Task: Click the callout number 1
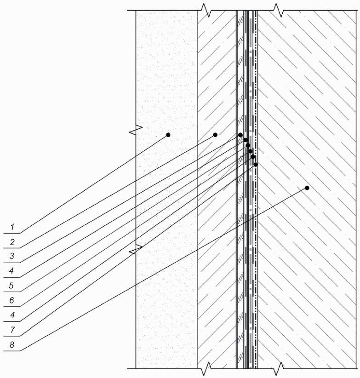tap(12, 227)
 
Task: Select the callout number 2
tap(12, 242)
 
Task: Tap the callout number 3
tap(12, 256)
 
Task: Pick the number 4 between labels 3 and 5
tap(11, 271)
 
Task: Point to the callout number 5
tap(11, 286)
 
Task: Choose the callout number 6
tap(11, 300)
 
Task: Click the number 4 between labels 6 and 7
tap(12, 315)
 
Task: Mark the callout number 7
tap(12, 330)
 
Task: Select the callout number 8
tap(12, 345)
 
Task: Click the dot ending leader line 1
tap(168, 135)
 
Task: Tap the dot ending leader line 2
tap(216, 135)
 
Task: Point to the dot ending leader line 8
tap(307, 188)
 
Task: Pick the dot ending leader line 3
tap(240, 135)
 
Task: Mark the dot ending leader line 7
tap(256, 165)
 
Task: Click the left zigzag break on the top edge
tap(206, 10)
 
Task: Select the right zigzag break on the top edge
tap(279, 10)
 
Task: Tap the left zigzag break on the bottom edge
tap(206, 369)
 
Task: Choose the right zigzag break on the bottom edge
tap(279, 369)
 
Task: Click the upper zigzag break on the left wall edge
tap(136, 130)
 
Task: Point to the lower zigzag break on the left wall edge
tap(136, 249)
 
